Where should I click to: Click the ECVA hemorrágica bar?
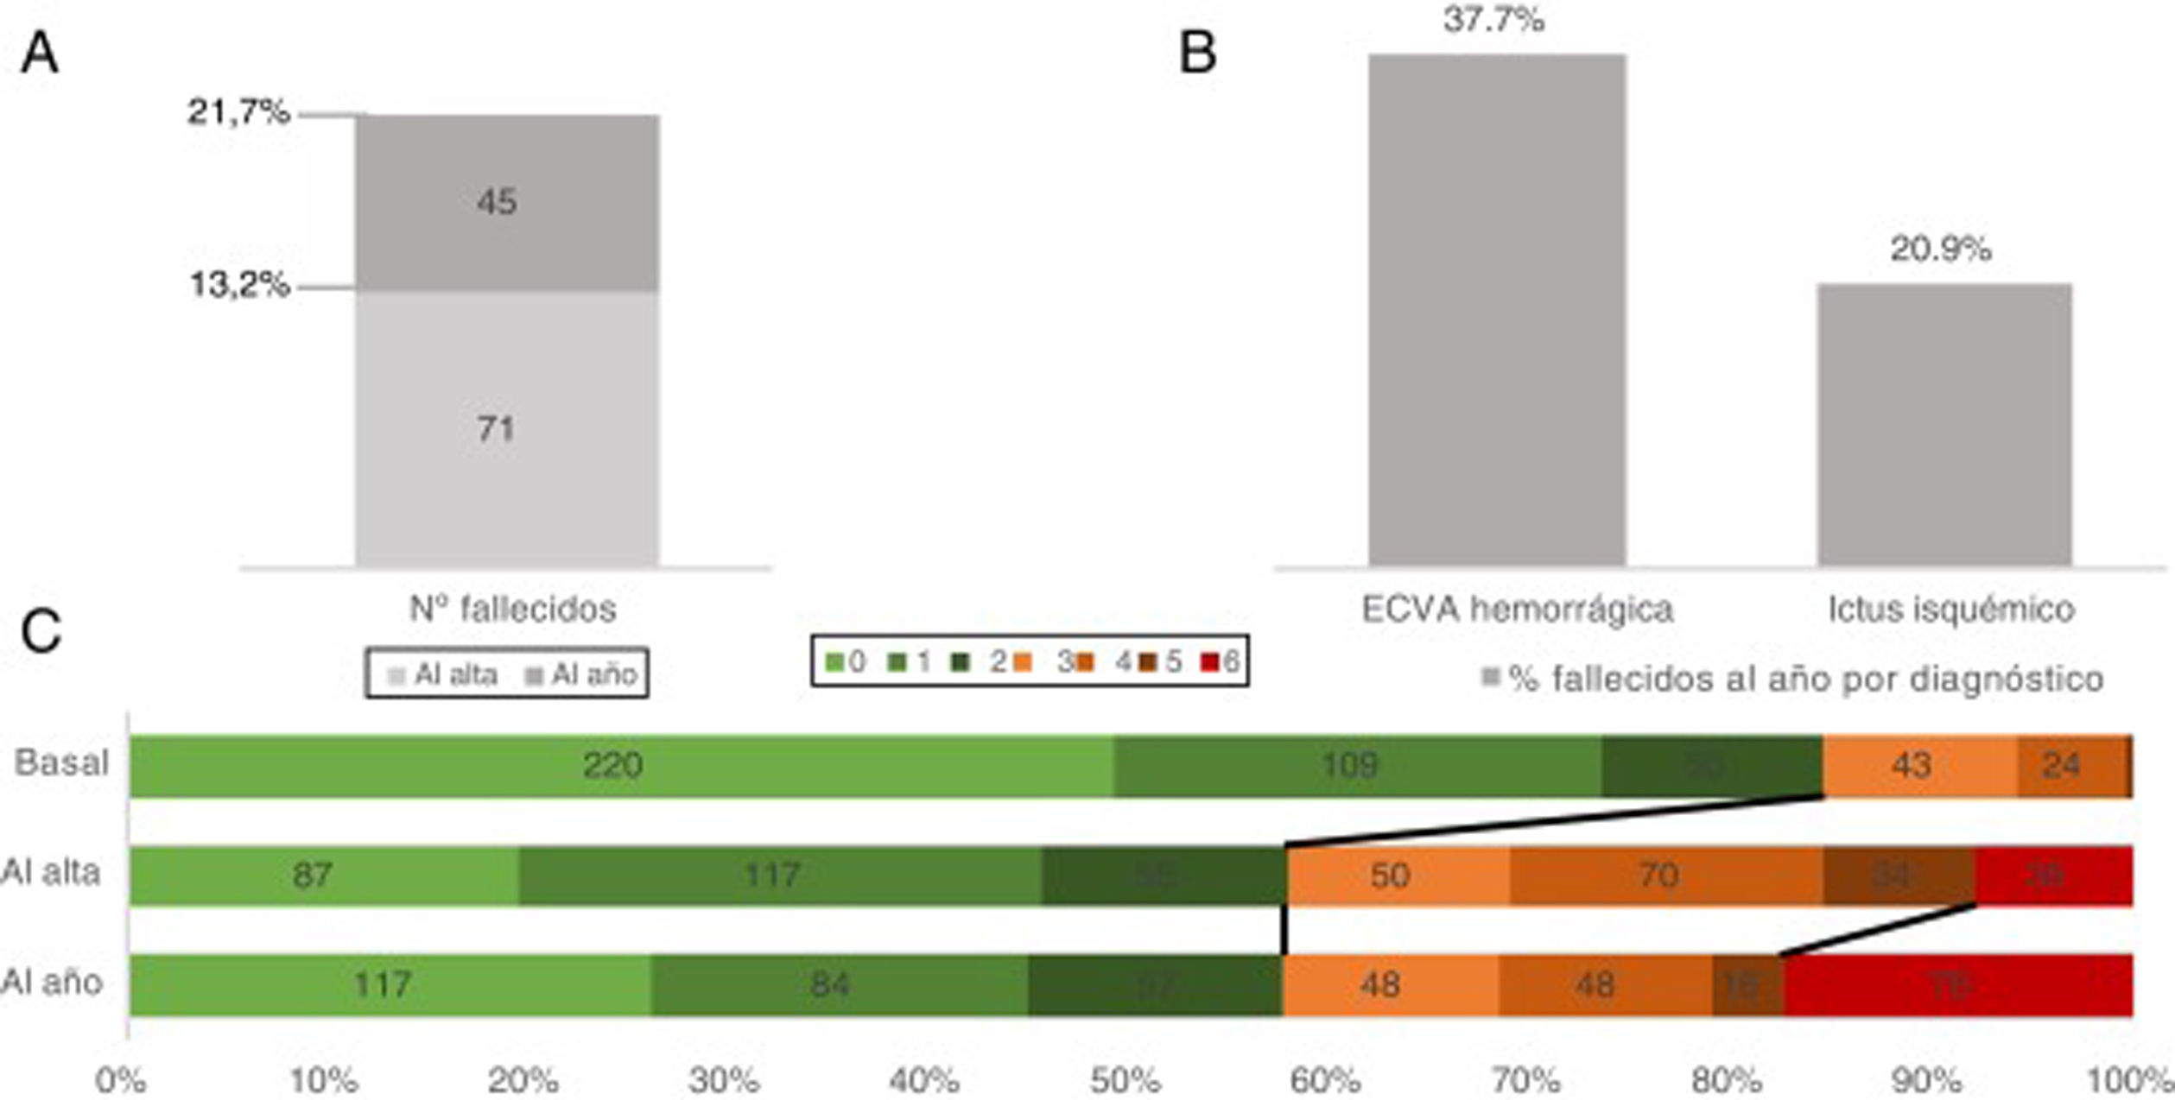click(x=1497, y=311)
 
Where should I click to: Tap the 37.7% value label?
click(x=1493, y=20)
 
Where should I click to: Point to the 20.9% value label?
click(x=1941, y=250)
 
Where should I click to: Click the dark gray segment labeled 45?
click(x=507, y=202)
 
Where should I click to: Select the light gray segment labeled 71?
click(x=507, y=428)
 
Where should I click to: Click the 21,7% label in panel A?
click(x=239, y=112)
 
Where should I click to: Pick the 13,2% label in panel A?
click(x=239, y=284)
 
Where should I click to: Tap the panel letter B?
click(x=1198, y=53)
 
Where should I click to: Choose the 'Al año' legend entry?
click(x=581, y=674)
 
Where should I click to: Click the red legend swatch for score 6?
click(x=1210, y=662)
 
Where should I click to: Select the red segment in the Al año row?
click(x=1957, y=985)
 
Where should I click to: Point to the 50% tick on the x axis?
click(x=1125, y=1081)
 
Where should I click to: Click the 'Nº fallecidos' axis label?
click(x=512, y=610)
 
